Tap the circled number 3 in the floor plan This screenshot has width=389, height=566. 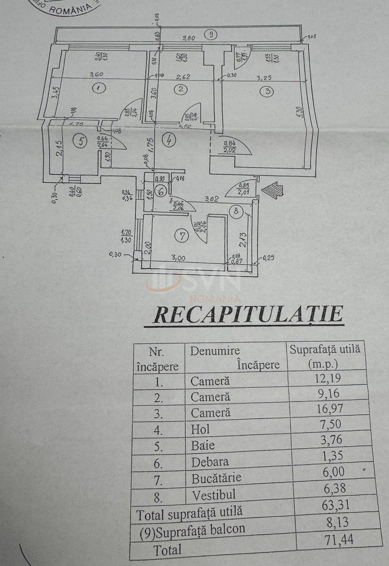[x=268, y=91]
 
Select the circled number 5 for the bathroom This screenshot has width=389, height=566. [x=81, y=141]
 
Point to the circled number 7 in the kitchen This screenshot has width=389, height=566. [x=181, y=236]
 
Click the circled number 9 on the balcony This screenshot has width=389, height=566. [x=211, y=35]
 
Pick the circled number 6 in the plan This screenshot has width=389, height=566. [x=161, y=191]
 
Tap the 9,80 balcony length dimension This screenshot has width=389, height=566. [x=189, y=39]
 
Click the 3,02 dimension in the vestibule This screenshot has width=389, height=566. [x=212, y=199]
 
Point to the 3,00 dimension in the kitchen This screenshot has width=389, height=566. [x=178, y=258]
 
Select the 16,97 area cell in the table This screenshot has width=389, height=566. [x=328, y=409]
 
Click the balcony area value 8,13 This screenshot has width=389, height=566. [x=335, y=522]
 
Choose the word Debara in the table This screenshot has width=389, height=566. [x=210, y=462]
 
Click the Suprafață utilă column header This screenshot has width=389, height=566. [x=325, y=356]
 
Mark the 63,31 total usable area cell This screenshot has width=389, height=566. [x=335, y=505]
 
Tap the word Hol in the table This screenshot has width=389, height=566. [x=200, y=430]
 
